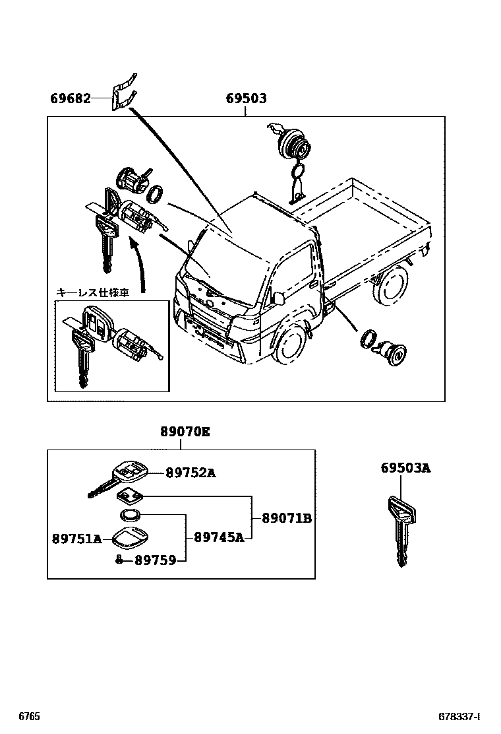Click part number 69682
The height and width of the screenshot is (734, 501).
(x=70, y=98)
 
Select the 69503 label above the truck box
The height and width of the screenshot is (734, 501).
(x=246, y=98)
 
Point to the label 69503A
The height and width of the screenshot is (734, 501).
(x=405, y=468)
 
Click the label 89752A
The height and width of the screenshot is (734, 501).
(x=191, y=473)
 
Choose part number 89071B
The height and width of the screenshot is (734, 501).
(x=286, y=518)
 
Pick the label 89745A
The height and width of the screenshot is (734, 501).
(x=219, y=537)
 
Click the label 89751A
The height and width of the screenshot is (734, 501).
(x=76, y=539)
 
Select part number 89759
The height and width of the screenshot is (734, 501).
(x=155, y=560)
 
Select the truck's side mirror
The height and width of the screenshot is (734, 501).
(x=278, y=298)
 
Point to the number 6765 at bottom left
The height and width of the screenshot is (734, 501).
(x=29, y=716)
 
